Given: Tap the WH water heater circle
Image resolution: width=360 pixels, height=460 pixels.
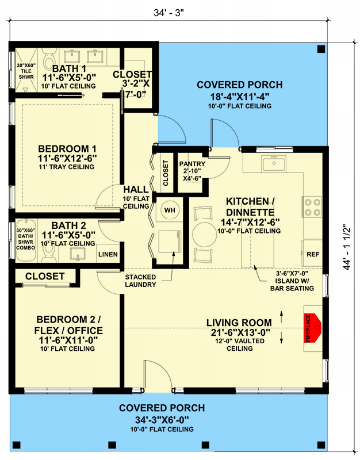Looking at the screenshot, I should click(169, 209).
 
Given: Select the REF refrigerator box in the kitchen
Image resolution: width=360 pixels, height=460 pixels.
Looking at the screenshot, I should click(313, 254).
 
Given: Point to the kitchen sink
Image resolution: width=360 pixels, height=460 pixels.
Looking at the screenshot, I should click(273, 163).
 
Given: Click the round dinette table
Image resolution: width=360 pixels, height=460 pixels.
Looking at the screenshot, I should click(204, 236).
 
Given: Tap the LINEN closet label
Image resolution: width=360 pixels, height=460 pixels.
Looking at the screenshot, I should click(108, 254).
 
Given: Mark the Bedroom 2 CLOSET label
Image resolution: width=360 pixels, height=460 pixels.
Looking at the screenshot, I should click(45, 277).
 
